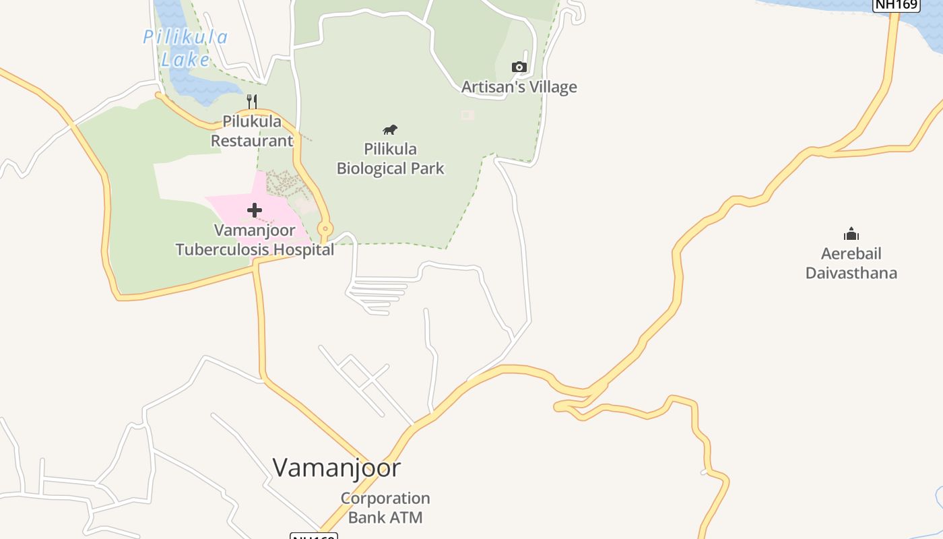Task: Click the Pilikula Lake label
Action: click(x=185, y=47)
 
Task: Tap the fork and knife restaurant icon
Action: click(x=252, y=102)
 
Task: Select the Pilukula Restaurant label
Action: click(x=252, y=131)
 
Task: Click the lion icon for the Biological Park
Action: click(x=390, y=129)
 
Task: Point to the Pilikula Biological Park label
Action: click(x=390, y=158)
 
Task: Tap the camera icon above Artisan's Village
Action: click(x=519, y=67)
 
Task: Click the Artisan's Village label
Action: click(x=519, y=87)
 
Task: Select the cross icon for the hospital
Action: click(x=255, y=210)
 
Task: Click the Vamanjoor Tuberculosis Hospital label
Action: click(x=255, y=240)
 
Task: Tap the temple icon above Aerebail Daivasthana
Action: click(x=851, y=234)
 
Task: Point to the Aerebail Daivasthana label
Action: click(x=851, y=263)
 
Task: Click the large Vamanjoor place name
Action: click(x=337, y=468)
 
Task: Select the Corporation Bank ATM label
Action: click(x=385, y=508)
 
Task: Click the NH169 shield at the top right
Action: click(x=896, y=5)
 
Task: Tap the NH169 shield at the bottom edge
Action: click(x=313, y=536)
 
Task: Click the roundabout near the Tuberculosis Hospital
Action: click(x=325, y=228)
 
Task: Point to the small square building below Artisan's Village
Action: click(x=467, y=115)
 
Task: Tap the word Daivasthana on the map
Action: click(x=851, y=274)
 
